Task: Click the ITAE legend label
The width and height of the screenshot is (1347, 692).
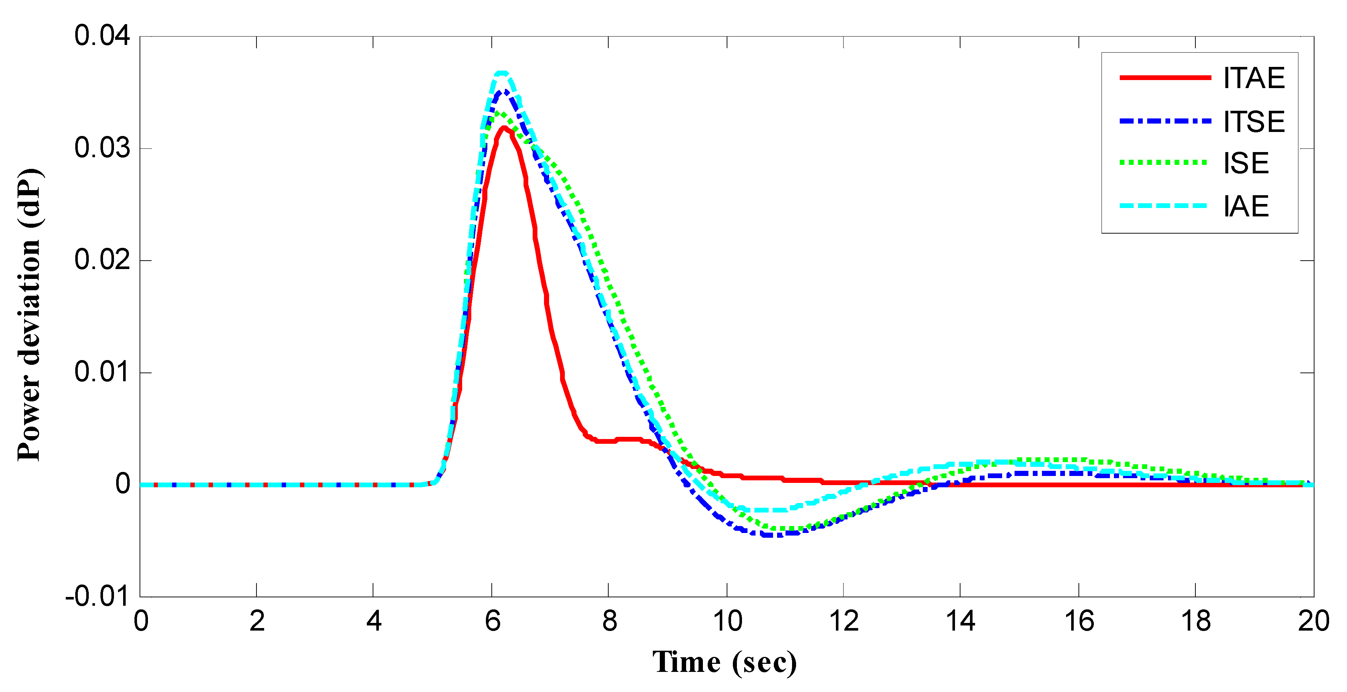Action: (1253, 79)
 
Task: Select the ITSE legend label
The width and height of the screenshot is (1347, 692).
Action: (1253, 122)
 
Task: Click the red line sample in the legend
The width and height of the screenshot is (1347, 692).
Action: (1165, 78)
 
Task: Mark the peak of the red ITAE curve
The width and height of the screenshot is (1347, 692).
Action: (503, 127)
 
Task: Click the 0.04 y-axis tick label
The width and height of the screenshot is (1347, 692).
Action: (102, 36)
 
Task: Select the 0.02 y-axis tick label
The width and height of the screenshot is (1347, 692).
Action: (102, 260)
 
